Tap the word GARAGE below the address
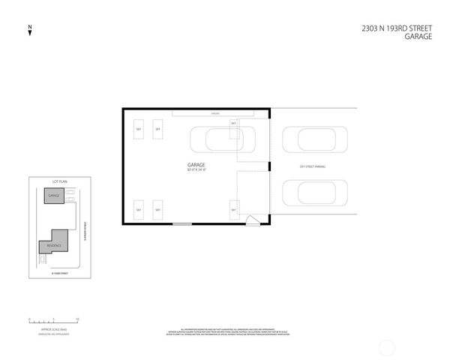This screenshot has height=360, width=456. tap(418, 37)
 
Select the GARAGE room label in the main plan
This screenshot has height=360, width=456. tap(196, 165)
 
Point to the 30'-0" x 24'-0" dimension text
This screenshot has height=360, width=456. tap(196, 170)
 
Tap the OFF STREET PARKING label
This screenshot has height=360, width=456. tap(312, 166)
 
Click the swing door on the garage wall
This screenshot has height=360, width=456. tap(253, 220)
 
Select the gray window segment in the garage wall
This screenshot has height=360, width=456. tap(182, 224)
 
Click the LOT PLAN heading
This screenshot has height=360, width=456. tap(60, 182)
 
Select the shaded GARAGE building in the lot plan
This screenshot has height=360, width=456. tap(53, 196)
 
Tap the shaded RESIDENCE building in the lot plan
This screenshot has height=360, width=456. tap(54, 244)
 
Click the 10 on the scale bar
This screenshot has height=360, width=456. tap(77, 319)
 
